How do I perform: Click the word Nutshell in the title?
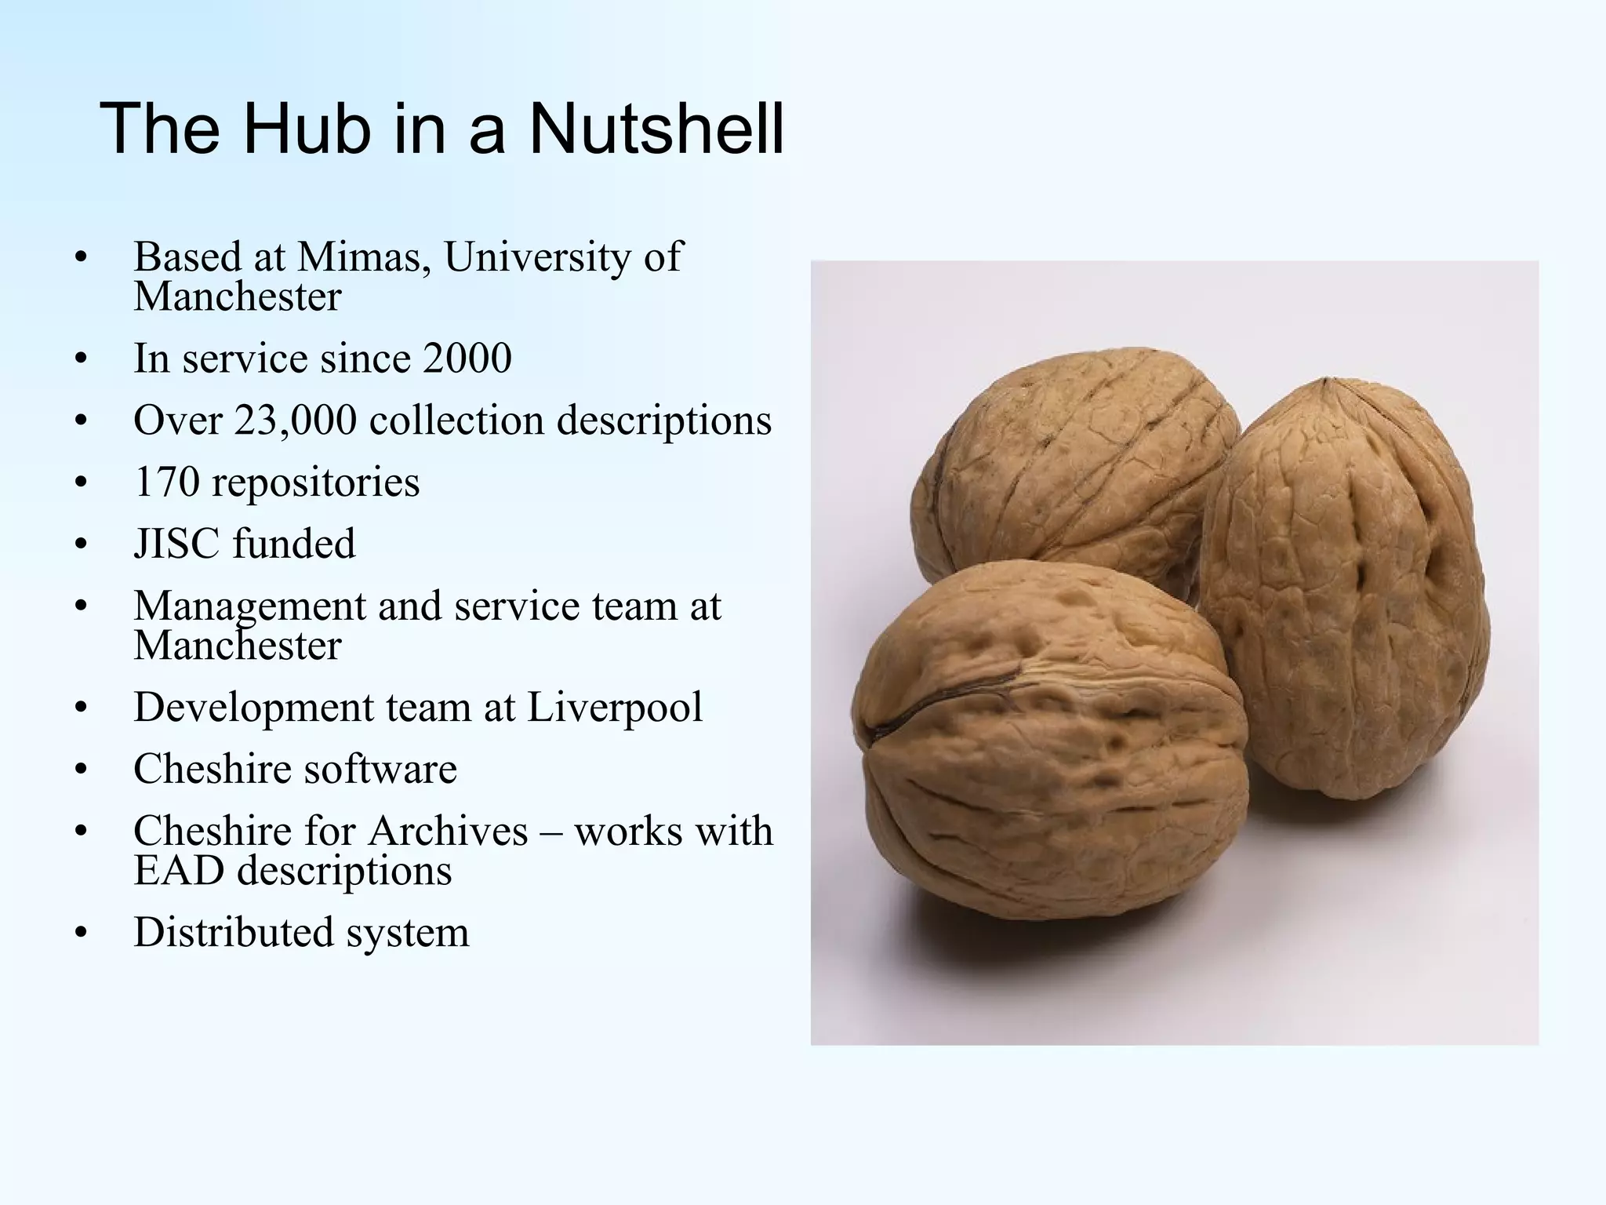click(x=656, y=129)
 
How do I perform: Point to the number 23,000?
click(x=295, y=420)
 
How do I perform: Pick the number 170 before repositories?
click(x=166, y=482)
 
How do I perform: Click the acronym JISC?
click(x=177, y=544)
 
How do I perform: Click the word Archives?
click(x=448, y=831)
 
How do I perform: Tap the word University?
click(x=537, y=257)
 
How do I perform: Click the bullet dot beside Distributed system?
click(x=80, y=934)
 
